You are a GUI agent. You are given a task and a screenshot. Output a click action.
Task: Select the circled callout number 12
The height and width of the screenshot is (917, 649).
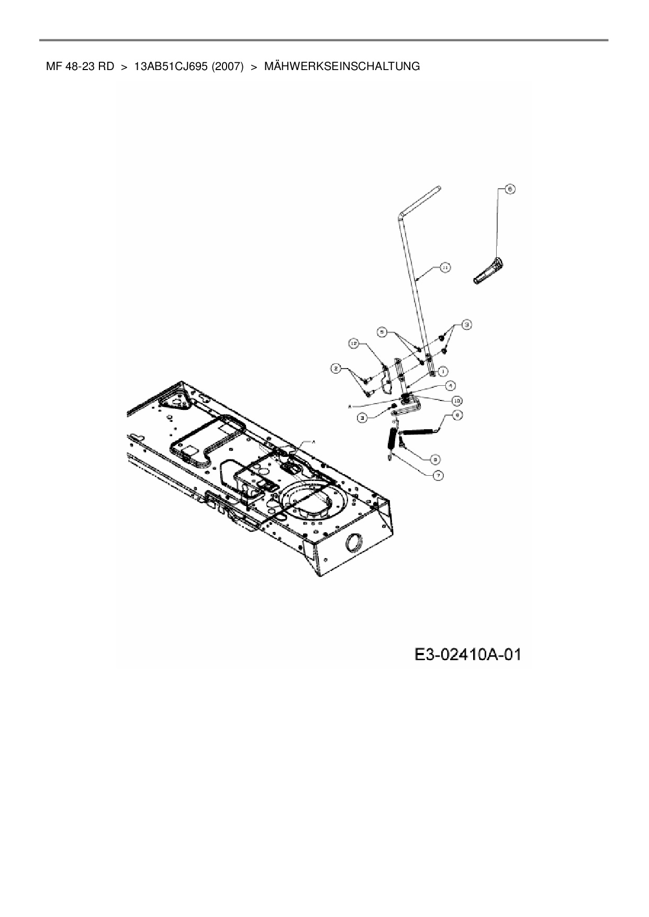354,343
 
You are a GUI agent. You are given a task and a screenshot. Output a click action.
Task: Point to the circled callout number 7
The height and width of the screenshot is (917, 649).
438,475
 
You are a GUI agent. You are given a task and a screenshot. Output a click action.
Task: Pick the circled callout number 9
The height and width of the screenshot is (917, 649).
434,459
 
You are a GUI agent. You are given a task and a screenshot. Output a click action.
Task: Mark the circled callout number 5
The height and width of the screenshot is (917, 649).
383,331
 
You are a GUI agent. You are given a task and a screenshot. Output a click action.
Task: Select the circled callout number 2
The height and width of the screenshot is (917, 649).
335,369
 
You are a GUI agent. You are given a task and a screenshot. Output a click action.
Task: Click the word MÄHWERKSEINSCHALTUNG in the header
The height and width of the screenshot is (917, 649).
342,66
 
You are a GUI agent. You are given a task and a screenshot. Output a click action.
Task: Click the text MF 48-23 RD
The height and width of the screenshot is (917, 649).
80,66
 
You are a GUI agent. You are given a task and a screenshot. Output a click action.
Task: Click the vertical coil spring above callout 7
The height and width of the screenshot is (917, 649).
393,438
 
